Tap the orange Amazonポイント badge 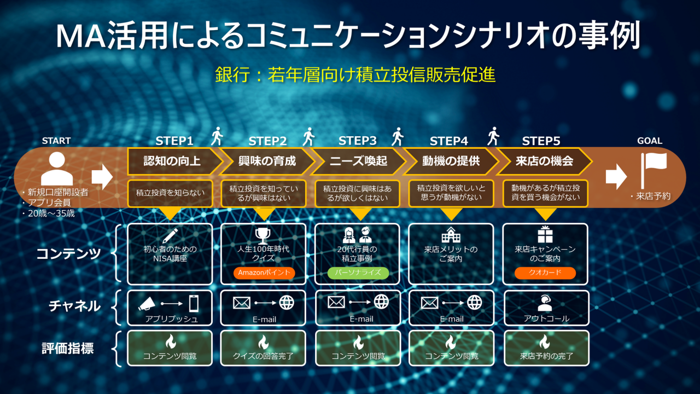pyautogui.click(x=264, y=273)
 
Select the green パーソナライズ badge pyautogui.click(x=358, y=273)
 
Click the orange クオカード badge pyautogui.click(x=545, y=273)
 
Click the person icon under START pyautogui.click(x=57, y=169)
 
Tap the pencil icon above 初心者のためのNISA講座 pyautogui.click(x=170, y=236)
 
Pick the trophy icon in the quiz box pyautogui.click(x=263, y=236)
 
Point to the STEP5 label pyautogui.click(x=541, y=141)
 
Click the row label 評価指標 pyautogui.click(x=68, y=348)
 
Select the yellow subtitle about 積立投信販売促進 pyautogui.click(x=355, y=75)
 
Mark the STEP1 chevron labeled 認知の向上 pyautogui.click(x=172, y=161)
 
